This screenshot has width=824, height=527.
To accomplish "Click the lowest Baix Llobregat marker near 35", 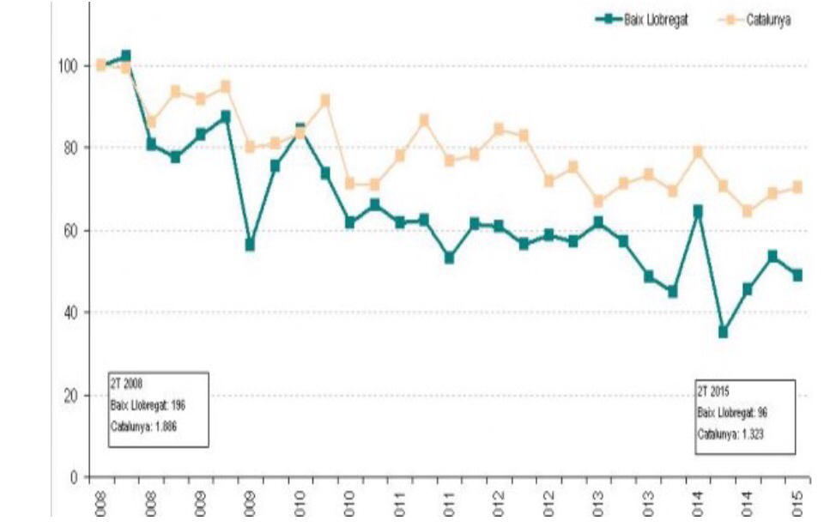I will [x=724, y=332].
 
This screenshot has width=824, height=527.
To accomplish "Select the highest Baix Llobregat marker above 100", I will [x=126, y=56].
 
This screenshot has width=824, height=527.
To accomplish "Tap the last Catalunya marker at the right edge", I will [x=797, y=187].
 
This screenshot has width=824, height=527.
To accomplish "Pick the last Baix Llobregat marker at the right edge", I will [x=797, y=276].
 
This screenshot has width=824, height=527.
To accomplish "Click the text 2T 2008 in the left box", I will [x=128, y=385].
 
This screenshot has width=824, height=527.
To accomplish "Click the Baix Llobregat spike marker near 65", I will [x=699, y=210].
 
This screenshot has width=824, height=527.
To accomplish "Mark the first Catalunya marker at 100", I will [x=101, y=65].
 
